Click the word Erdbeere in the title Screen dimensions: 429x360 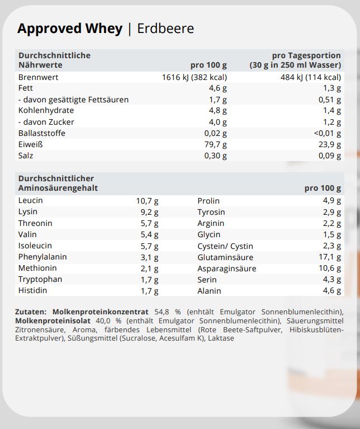165,29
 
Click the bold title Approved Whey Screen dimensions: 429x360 70,29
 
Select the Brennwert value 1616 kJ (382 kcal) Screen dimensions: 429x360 194,77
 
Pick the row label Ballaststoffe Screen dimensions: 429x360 42,133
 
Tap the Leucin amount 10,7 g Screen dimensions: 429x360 147,201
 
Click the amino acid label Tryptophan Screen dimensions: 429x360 40,279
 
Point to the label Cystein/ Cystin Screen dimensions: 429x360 225,246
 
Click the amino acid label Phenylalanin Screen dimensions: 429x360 42,257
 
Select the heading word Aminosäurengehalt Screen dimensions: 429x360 58,188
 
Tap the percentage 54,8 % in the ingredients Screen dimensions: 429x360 163,312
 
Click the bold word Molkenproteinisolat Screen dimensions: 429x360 49,320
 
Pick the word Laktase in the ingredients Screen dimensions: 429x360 221,338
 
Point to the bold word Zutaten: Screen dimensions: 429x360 32,312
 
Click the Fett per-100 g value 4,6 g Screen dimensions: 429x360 217,88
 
